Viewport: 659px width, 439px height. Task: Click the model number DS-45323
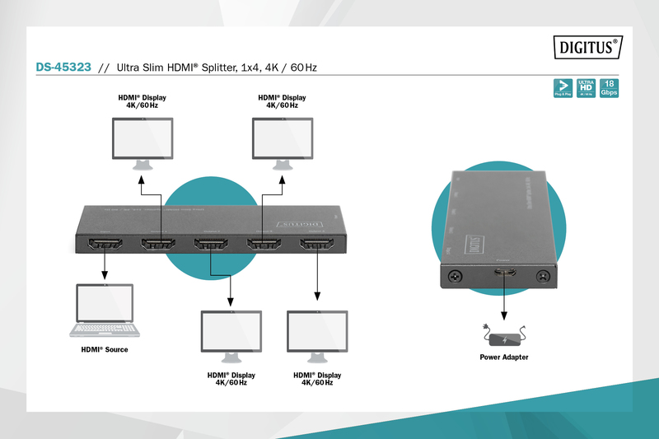63,67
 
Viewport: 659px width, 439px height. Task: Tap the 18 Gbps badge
609,88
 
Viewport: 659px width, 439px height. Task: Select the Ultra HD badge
586,88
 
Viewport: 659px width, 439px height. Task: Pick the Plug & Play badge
563,88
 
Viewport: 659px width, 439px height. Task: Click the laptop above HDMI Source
105,311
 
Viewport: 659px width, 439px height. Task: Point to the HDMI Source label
105,350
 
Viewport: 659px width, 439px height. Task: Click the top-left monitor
142,141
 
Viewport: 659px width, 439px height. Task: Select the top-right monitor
282,141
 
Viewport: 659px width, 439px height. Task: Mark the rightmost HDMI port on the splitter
317,245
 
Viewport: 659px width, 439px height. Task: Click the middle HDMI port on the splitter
212,245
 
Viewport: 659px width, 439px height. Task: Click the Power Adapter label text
504,357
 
